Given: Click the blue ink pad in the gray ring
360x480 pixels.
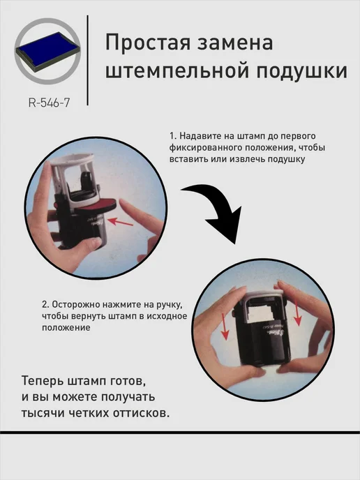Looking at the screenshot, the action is point(47,51).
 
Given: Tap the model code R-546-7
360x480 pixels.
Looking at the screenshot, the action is point(49,103).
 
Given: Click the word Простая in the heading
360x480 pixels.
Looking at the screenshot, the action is point(147,43).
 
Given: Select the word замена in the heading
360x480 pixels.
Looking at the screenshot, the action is point(235,43).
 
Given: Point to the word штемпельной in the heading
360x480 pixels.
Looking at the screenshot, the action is point(177,71).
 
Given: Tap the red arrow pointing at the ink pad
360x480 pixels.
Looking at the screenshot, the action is point(120,222).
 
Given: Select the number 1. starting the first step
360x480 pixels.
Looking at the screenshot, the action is point(173,136).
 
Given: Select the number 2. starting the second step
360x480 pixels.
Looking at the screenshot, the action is point(45,305).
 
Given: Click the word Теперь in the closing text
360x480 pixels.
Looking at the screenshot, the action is point(43,381).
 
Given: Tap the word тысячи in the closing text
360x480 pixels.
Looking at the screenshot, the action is point(43,413).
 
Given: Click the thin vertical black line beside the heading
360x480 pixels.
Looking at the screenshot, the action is point(88,60).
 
